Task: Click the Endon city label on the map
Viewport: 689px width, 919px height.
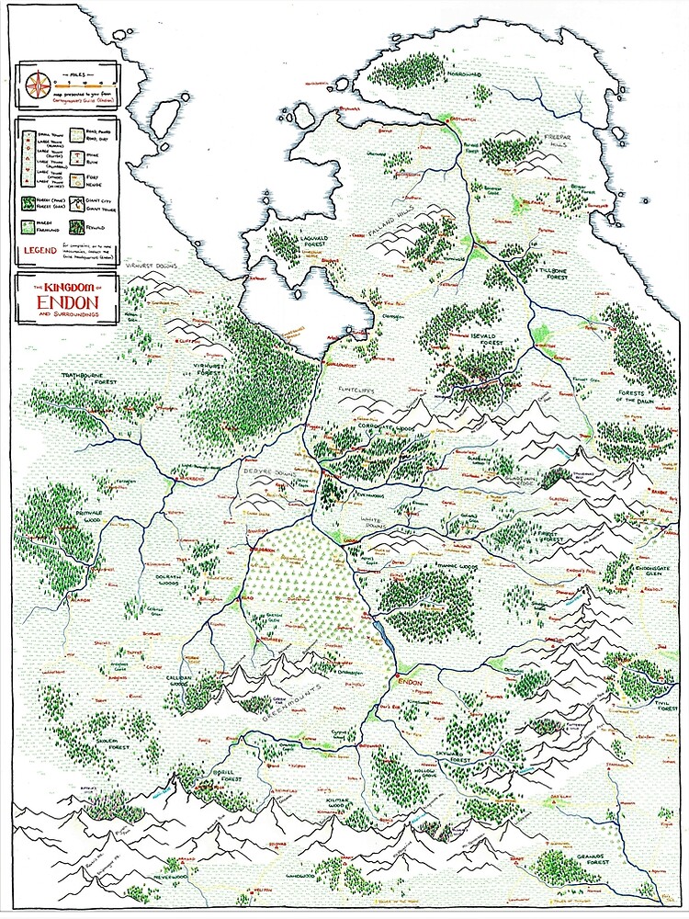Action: pos(408,683)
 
